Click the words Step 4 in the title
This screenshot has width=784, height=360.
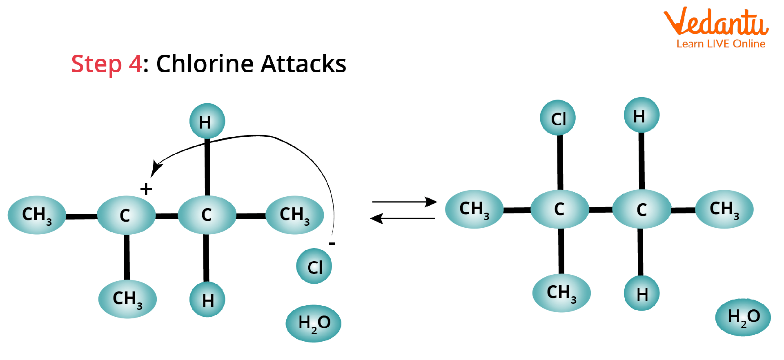(x=107, y=64)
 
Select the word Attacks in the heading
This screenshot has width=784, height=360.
(x=303, y=64)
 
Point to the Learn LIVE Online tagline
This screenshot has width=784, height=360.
(x=721, y=44)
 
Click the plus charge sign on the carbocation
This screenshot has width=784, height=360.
(x=146, y=189)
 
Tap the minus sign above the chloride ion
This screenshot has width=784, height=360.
(x=332, y=244)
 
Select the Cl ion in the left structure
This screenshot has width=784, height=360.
(x=314, y=267)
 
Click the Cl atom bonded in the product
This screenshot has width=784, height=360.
(x=558, y=118)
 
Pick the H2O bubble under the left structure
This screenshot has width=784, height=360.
(x=314, y=323)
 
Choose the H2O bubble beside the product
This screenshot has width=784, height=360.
(x=743, y=317)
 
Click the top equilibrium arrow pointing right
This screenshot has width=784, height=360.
(x=404, y=202)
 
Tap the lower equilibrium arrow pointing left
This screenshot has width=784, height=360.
(x=403, y=218)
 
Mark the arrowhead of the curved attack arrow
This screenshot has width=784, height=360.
(x=156, y=168)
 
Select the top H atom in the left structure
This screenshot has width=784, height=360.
(x=207, y=121)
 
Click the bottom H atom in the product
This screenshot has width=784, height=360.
(x=642, y=293)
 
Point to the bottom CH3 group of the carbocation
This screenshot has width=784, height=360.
(x=127, y=299)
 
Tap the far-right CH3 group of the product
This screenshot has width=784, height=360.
(x=724, y=209)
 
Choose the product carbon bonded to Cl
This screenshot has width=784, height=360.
(x=559, y=209)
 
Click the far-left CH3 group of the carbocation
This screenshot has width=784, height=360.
(x=37, y=215)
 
